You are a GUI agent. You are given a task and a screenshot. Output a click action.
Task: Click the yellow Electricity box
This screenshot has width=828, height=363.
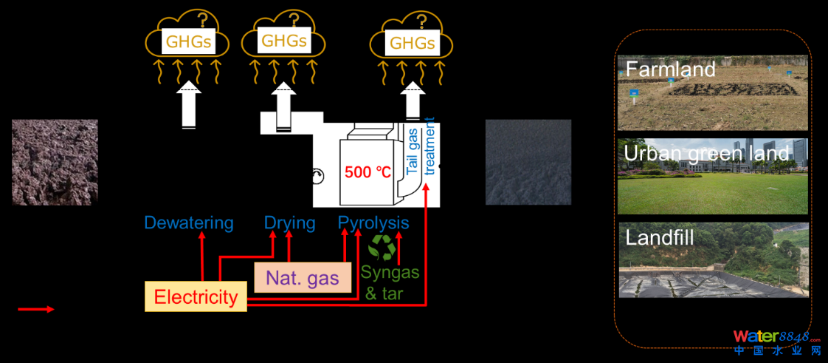click(196, 296)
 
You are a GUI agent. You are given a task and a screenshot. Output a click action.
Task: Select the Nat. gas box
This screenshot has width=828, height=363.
click(303, 277)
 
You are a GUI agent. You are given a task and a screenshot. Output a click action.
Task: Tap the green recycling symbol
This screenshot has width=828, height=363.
click(382, 248)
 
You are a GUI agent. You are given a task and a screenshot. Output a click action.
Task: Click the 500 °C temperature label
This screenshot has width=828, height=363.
click(368, 172)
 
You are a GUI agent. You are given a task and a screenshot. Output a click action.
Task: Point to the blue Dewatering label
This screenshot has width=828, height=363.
click(189, 223)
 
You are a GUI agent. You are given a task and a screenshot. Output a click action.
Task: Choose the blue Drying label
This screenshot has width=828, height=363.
click(289, 223)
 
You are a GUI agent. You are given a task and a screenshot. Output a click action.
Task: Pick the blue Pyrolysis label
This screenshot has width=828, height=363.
click(373, 223)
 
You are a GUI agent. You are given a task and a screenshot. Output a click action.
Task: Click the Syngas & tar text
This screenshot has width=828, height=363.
click(390, 282)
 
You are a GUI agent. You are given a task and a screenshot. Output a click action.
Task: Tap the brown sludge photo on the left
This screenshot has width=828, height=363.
click(55, 162)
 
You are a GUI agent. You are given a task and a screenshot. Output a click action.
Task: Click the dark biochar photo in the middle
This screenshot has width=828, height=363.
click(528, 162)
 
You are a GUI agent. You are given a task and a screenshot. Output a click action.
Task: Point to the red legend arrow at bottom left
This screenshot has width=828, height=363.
click(36, 309)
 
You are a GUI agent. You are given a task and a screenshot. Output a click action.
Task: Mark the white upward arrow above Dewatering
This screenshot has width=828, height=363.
click(189, 106)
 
